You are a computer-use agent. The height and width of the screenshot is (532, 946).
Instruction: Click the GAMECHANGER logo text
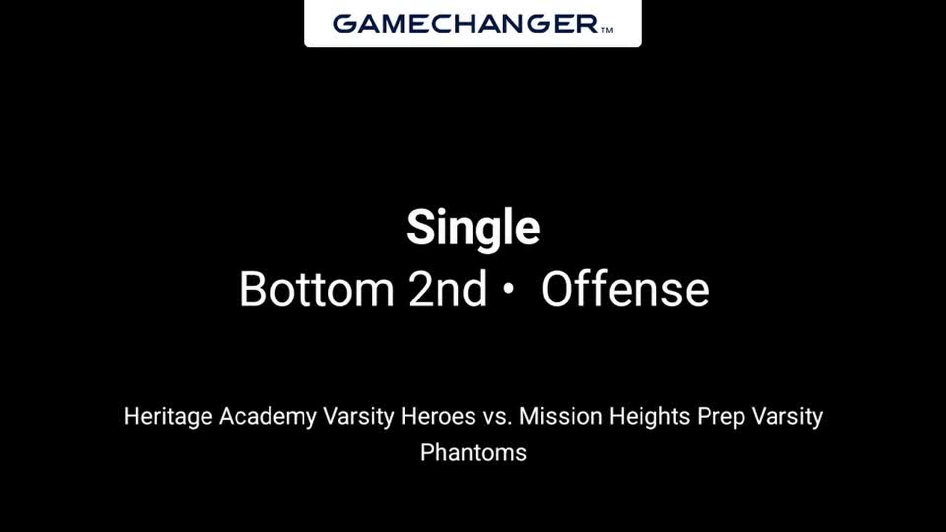click(x=466, y=24)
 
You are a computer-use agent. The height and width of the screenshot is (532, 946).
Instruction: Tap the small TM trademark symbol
click(x=607, y=30)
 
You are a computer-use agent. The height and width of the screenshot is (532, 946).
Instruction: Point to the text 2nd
click(x=447, y=289)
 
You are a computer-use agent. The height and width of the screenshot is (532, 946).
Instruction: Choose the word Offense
click(x=625, y=289)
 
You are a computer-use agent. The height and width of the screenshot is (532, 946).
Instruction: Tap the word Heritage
click(x=168, y=417)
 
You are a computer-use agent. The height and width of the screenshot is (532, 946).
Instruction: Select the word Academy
click(x=268, y=417)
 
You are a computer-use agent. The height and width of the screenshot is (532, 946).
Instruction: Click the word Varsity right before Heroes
click(x=358, y=417)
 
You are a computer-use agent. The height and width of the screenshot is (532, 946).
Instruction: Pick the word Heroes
click(x=438, y=416)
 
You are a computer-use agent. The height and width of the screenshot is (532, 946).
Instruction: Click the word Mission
click(x=561, y=416)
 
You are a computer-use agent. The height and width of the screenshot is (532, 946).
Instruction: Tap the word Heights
click(x=649, y=417)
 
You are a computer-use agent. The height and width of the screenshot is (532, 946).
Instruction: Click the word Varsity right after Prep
click(x=787, y=417)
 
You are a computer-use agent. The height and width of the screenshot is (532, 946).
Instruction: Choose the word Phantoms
click(x=473, y=452)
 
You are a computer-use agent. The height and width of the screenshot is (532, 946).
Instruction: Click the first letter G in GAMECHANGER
click(x=344, y=24)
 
